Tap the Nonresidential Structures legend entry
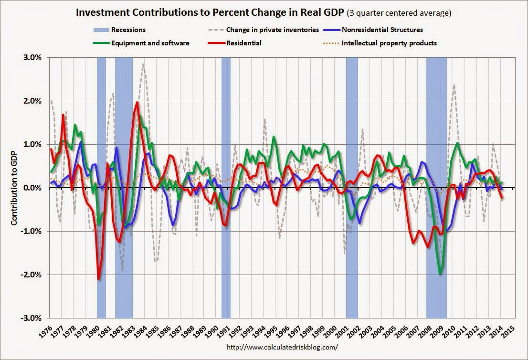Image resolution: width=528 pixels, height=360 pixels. (382, 30)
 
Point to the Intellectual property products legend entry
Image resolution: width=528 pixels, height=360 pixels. (389, 43)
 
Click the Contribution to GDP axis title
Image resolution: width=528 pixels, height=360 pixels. (14, 188)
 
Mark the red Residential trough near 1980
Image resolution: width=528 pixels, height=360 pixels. (99, 279)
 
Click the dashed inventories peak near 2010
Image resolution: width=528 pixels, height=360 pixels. (454, 85)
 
